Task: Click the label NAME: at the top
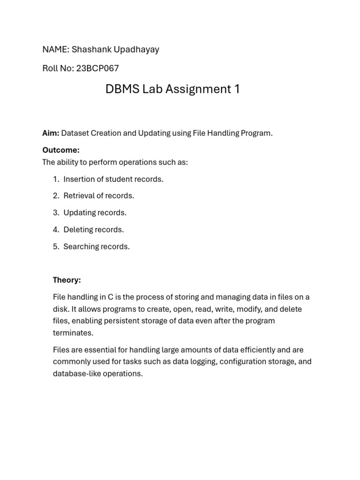(55, 50)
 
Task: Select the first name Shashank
(90, 50)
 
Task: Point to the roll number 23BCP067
(97, 68)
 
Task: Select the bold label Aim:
(51, 133)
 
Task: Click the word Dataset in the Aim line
(75, 133)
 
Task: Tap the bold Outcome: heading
(61, 150)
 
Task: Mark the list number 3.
(56, 213)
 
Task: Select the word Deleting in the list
(78, 230)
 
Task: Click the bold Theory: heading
(67, 280)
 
